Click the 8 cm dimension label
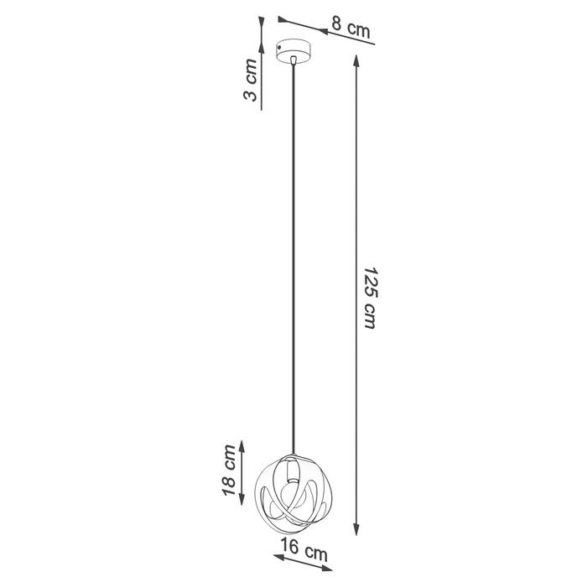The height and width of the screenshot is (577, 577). click(350, 28)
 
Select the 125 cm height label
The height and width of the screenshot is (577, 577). click(369, 299)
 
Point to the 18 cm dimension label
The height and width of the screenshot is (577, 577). click(228, 471)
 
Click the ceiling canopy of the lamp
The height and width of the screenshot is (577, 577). click(299, 51)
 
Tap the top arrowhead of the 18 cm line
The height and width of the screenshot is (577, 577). click(243, 444)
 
